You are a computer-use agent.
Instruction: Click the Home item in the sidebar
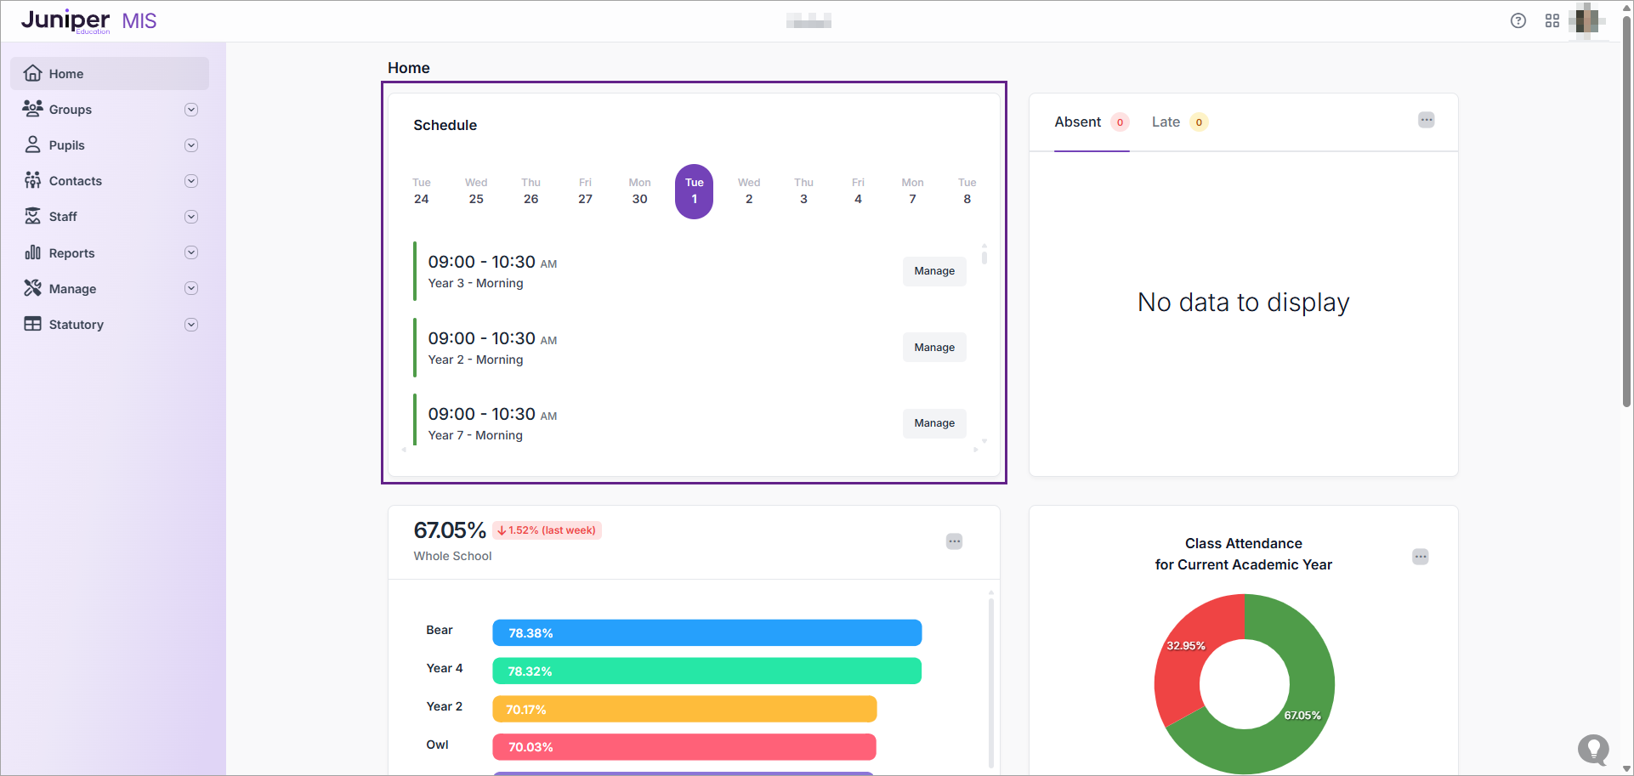click(x=65, y=74)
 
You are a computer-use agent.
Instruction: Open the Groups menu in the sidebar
click(x=70, y=110)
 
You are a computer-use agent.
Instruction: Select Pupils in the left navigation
click(x=66, y=145)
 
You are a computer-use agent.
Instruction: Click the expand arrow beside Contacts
click(x=191, y=181)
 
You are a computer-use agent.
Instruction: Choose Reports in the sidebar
click(x=71, y=253)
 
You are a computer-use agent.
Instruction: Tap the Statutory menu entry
click(x=76, y=325)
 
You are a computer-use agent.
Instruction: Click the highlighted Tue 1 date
click(x=694, y=191)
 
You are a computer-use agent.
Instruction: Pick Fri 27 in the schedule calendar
click(x=585, y=191)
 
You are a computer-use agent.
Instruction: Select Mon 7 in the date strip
click(x=912, y=191)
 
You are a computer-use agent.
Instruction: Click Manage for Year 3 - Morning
click(x=933, y=271)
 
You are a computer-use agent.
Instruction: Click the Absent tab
click(x=1078, y=122)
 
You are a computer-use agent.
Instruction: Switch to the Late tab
click(x=1166, y=122)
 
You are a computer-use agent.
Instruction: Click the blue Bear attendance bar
click(x=706, y=633)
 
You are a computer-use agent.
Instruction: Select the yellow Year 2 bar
click(x=684, y=709)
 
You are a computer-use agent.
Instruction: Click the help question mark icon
click(x=1518, y=21)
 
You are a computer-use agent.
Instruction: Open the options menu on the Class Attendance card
click(x=1420, y=557)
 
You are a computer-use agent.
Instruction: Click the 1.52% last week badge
click(x=547, y=530)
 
